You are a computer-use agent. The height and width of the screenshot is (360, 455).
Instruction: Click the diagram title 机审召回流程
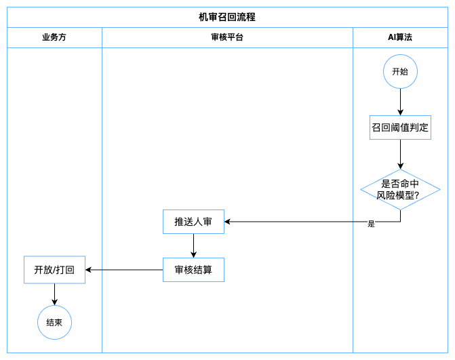point(227,17)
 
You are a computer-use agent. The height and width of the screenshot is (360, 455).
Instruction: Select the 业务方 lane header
point(54,37)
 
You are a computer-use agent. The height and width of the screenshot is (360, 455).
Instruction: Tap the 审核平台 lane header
point(227,37)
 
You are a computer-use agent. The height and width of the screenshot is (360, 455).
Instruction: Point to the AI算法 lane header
point(400,37)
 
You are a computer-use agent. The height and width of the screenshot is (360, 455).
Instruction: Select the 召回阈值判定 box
point(401,127)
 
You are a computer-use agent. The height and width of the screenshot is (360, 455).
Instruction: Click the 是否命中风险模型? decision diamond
point(401,189)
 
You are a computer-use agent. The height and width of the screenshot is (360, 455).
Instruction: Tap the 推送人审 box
point(193,222)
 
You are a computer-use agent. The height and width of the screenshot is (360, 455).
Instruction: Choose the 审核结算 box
point(193,270)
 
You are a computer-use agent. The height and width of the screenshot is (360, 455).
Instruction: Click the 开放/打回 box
point(54,270)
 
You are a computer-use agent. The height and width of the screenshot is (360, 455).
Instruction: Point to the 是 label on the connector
point(372,224)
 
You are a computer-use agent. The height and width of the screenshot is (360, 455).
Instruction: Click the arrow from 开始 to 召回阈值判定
point(401,102)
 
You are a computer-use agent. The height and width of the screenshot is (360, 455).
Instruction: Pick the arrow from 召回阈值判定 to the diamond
point(401,155)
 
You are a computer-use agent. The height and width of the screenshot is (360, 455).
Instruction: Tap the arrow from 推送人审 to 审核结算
point(193,245)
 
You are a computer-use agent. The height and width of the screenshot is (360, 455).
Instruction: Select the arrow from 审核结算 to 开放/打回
point(124,270)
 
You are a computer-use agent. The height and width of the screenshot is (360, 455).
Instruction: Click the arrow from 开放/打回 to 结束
point(54,294)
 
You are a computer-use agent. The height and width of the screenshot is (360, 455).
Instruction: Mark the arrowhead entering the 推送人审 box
point(227,222)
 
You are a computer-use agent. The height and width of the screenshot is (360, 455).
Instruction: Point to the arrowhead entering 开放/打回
point(88,270)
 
